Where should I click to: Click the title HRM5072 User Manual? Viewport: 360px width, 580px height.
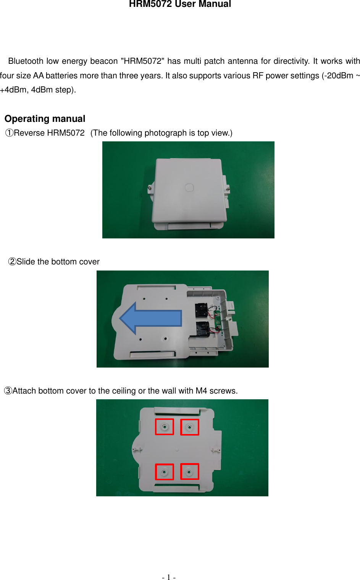pyautogui.click(x=180, y=4)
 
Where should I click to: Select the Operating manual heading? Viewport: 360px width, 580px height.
pyautogui.click(x=45, y=119)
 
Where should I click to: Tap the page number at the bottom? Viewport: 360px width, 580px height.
pyautogui.click(x=168, y=577)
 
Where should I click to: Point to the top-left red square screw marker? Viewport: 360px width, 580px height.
pyautogui.click(x=165, y=427)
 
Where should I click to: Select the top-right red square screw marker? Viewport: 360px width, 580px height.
pyautogui.click(x=189, y=427)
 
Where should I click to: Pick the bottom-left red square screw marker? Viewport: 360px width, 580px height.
pyautogui.click(x=165, y=472)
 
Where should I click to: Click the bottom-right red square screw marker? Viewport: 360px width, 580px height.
pyautogui.click(x=189, y=472)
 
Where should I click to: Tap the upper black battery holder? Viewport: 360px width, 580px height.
pyautogui.click(x=201, y=309)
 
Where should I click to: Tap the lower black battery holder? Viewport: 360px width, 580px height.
pyautogui.click(x=202, y=329)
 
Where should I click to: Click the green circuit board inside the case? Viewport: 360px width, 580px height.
pyautogui.click(x=218, y=320)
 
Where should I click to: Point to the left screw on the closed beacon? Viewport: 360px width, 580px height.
pyautogui.click(x=150, y=187)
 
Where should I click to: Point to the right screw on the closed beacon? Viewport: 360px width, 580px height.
pyautogui.click(x=228, y=189)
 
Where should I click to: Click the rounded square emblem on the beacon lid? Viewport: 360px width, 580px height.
pyautogui.click(x=189, y=187)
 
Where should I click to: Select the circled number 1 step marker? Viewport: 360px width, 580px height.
pyautogui.click(x=9, y=133)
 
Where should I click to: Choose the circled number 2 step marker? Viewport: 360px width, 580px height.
pyautogui.click(x=12, y=262)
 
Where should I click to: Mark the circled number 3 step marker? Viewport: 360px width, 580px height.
pyautogui.click(x=8, y=391)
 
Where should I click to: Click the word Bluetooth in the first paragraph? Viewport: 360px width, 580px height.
pyautogui.click(x=26, y=61)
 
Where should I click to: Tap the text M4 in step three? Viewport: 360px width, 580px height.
pyautogui.click(x=201, y=391)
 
